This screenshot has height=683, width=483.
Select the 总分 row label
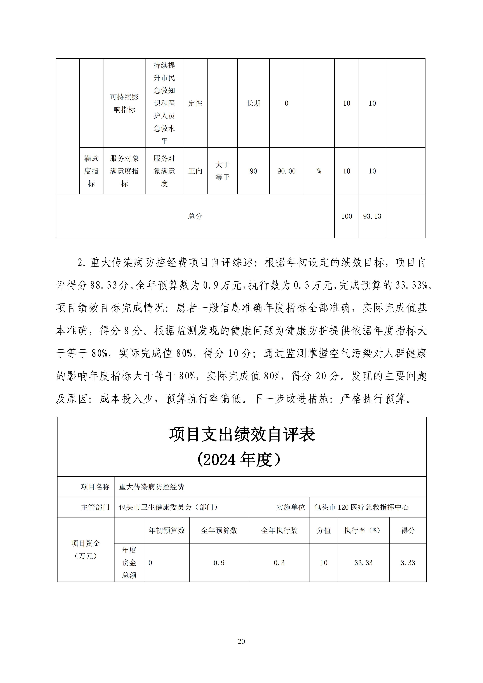click(x=195, y=216)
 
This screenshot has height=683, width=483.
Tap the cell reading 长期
click(x=253, y=103)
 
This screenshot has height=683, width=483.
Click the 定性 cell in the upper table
click(x=195, y=103)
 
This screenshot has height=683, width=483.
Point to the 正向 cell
click(x=195, y=171)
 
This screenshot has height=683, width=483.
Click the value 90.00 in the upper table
click(x=286, y=171)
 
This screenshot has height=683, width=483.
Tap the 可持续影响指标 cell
click(x=124, y=103)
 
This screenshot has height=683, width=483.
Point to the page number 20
click(x=241, y=641)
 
